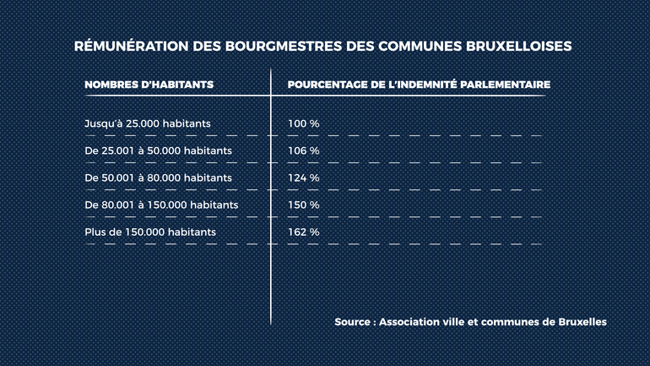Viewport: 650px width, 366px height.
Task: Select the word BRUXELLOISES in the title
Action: click(518, 46)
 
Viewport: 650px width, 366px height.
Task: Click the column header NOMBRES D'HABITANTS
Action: click(149, 85)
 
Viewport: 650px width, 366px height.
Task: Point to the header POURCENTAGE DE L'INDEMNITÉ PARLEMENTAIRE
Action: click(419, 85)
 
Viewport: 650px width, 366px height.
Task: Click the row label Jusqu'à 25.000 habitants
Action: click(147, 123)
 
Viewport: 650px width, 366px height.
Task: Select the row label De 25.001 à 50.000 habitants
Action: click(158, 150)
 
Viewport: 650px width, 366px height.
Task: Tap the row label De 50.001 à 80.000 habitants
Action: click(158, 178)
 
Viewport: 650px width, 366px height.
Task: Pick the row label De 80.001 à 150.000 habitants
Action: click(161, 205)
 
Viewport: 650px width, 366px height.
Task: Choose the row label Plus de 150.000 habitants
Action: click(150, 232)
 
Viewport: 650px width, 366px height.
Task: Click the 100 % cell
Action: click(304, 123)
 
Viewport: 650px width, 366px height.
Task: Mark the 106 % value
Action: click(304, 150)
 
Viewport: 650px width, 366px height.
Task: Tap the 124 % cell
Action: click(304, 178)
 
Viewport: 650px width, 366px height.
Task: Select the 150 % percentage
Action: click(304, 205)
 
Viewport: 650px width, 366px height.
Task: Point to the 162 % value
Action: click(304, 232)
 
